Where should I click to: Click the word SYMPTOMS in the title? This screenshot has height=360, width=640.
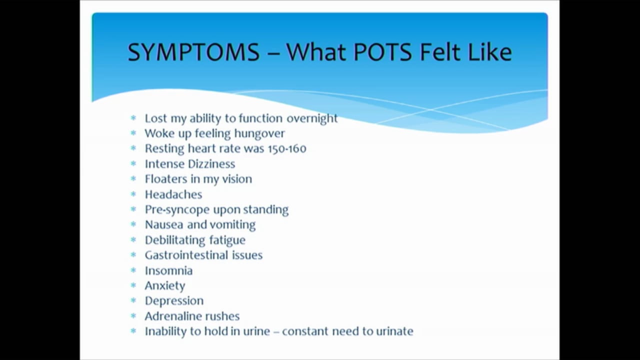pos(193,52)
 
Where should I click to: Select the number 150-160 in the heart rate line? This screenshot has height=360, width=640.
pos(287,148)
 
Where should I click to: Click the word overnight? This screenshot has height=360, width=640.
pos(312,118)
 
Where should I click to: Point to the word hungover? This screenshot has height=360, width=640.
pos(260,133)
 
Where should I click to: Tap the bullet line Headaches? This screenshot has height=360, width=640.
pos(173,194)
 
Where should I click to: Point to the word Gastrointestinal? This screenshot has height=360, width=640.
pos(186,255)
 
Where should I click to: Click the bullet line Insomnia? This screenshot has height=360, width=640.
pos(168,270)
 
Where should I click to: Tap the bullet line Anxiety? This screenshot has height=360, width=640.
pos(165,285)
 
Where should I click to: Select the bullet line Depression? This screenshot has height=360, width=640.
pos(174,300)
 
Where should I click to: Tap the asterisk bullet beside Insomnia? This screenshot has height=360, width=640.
pos(133,270)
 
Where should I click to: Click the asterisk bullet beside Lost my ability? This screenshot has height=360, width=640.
pos(133,118)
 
